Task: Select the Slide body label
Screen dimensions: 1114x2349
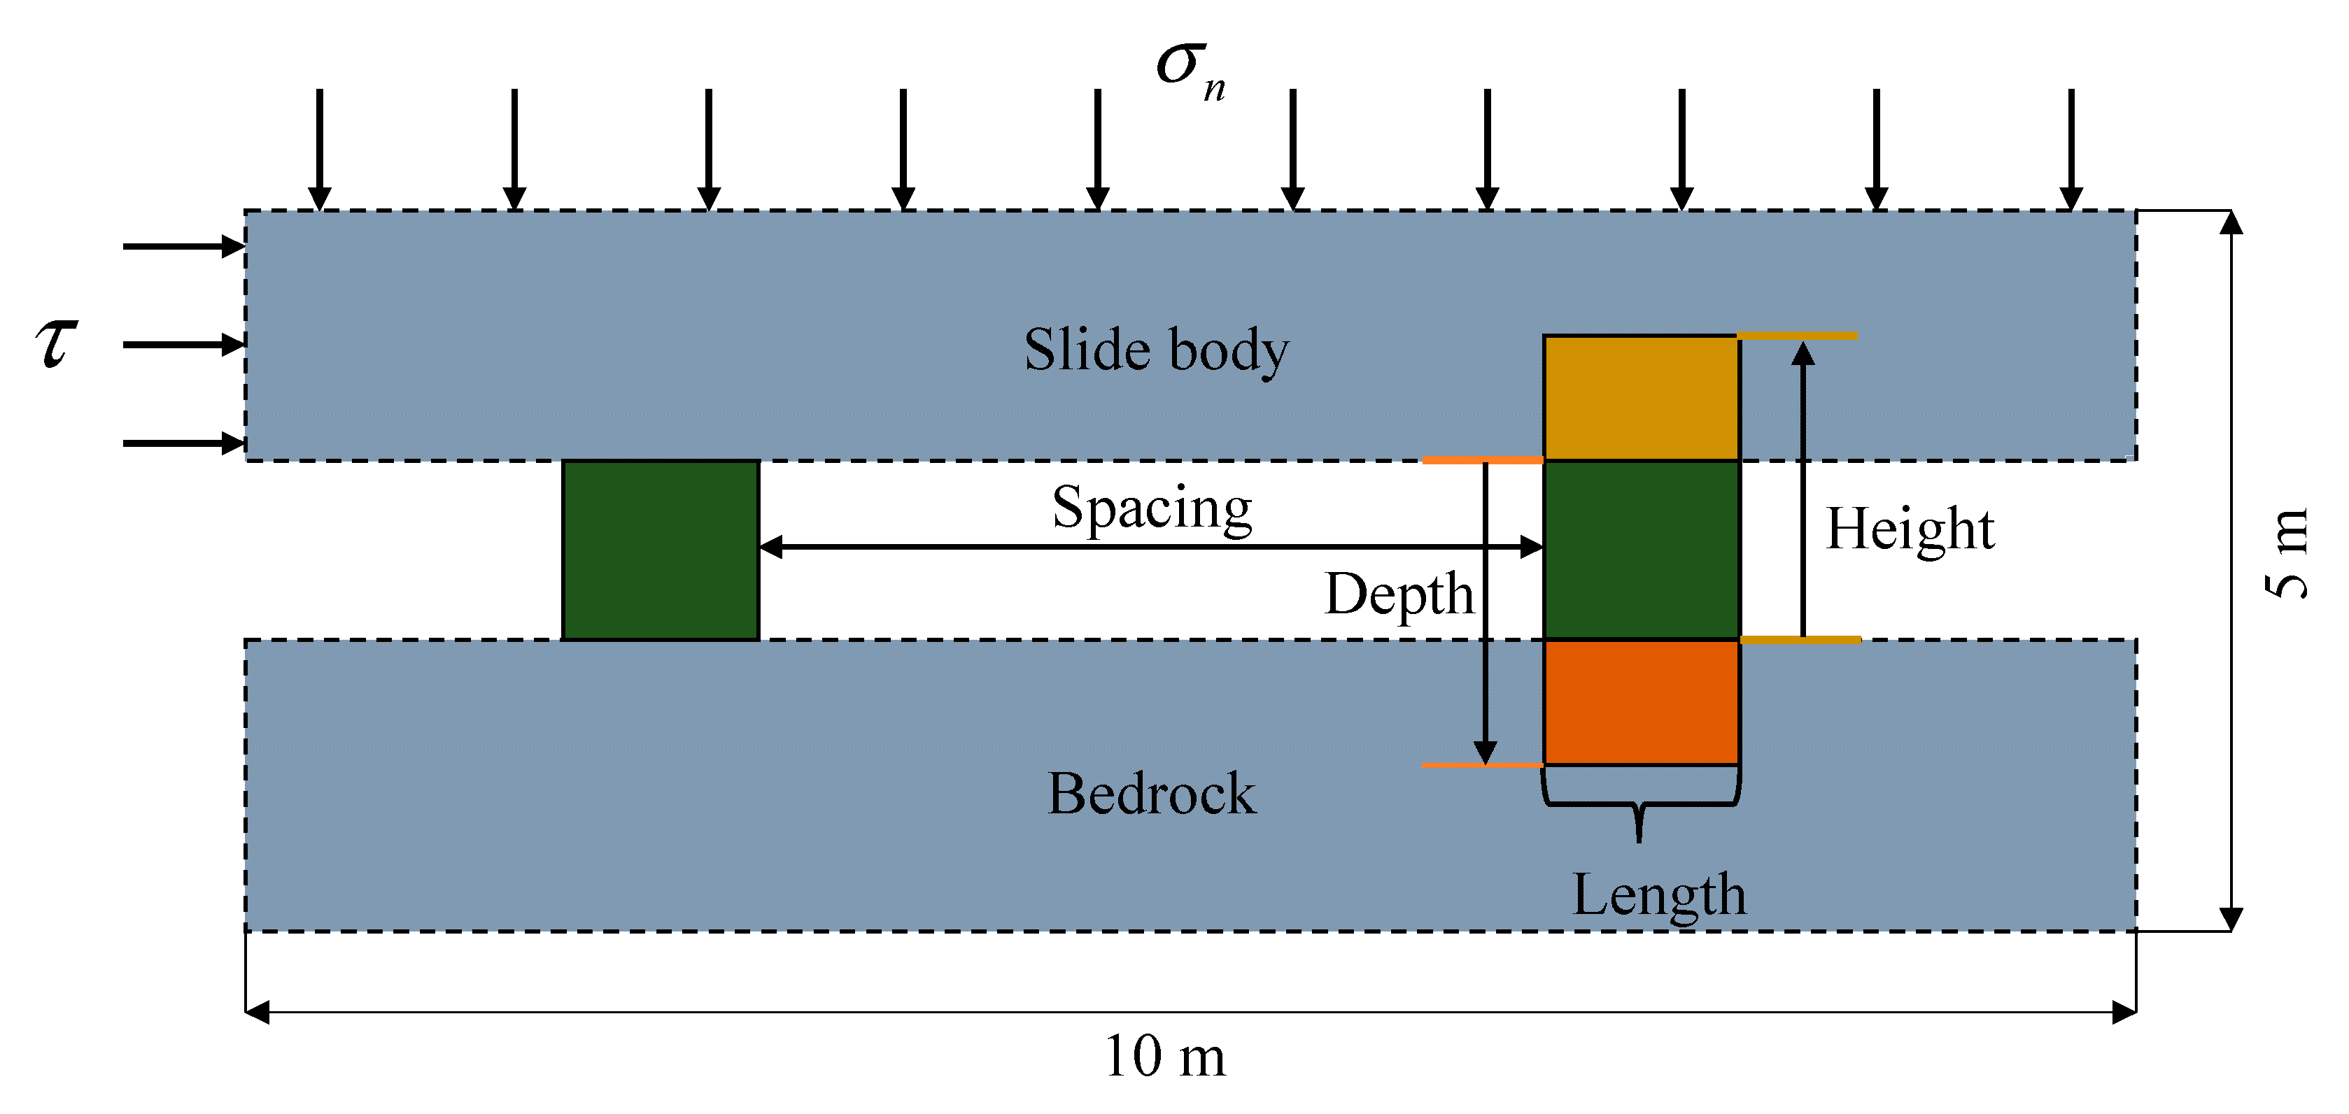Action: click(1155, 350)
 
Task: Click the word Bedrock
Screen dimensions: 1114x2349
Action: click(1151, 793)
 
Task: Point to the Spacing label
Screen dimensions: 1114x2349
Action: click(1152, 508)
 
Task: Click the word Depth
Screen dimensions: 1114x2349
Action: click(1399, 594)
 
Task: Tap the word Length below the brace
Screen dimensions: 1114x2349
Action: click(1658, 894)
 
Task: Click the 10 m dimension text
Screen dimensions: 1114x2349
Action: click(1164, 1057)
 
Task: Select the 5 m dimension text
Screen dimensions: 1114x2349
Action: click(2287, 553)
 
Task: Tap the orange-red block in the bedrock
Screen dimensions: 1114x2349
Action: click(1640, 702)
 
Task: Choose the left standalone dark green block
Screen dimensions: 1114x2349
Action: click(661, 550)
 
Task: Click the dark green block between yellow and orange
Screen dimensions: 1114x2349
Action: click(1640, 550)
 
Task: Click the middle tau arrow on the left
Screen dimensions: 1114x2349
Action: click(183, 345)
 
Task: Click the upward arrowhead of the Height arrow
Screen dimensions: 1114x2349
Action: click(1802, 352)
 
